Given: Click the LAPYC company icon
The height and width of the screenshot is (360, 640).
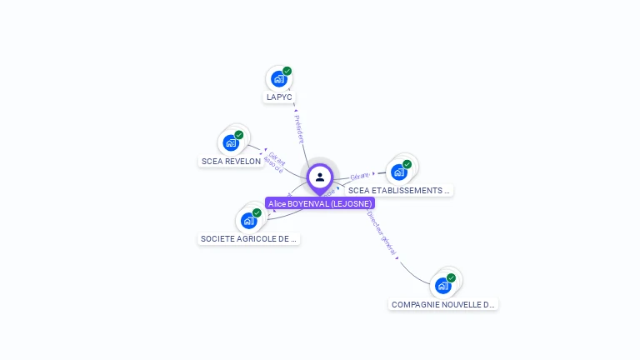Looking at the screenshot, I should [x=279, y=79].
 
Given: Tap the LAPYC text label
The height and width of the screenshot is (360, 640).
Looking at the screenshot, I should [x=279, y=97].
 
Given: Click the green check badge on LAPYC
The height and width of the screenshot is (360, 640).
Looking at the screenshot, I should [x=287, y=72].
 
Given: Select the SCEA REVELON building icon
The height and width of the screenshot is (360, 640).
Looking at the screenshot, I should [x=231, y=142].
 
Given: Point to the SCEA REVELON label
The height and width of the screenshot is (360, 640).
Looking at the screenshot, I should [x=231, y=161].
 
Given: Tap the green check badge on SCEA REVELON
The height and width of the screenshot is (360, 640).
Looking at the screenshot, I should [x=239, y=135].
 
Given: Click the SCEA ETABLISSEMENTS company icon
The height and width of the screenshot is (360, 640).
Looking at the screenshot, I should [x=399, y=172].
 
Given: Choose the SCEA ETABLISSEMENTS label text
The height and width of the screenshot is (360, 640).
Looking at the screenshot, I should [x=398, y=190].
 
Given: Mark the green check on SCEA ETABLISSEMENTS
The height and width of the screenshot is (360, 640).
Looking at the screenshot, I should [x=407, y=164].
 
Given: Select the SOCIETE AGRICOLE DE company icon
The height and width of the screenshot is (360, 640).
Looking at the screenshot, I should [x=248, y=220].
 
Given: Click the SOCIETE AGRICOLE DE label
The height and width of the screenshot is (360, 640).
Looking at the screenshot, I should [x=248, y=238].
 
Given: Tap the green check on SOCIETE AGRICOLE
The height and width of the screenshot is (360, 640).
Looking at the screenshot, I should [x=257, y=212].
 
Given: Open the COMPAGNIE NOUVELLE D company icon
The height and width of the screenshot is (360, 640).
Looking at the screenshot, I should [x=443, y=286].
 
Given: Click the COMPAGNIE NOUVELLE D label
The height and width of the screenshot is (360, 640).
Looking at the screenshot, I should [x=443, y=304].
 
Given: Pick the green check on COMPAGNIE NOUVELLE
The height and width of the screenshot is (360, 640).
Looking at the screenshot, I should [x=451, y=278].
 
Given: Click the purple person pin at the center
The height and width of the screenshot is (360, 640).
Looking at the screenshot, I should [x=320, y=177].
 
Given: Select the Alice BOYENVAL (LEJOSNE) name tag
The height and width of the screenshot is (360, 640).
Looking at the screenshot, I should [x=320, y=203].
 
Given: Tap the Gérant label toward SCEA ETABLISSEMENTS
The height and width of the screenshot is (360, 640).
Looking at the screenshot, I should [x=360, y=176].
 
